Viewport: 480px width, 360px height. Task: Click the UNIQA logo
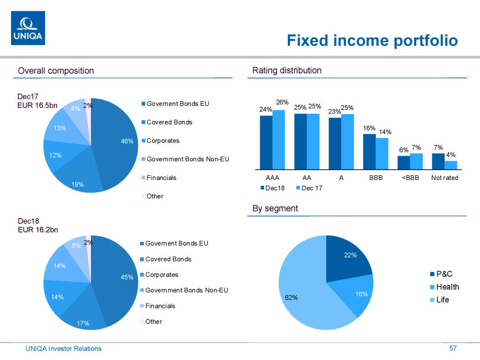pyautogui.click(x=28, y=28)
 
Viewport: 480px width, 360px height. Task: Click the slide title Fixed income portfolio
pyautogui.click(x=372, y=40)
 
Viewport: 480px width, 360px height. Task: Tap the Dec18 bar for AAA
pyautogui.click(x=266, y=142)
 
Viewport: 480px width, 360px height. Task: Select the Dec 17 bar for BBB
pyautogui.click(x=382, y=153)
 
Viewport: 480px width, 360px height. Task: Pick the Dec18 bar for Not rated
pyautogui.click(x=438, y=161)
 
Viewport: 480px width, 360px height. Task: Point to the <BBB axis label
pyautogui.click(x=410, y=178)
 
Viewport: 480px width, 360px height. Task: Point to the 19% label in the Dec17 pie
pyautogui.click(x=78, y=184)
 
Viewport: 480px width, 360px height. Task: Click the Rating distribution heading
pyautogui.click(x=287, y=71)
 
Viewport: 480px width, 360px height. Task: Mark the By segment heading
pyautogui.click(x=275, y=209)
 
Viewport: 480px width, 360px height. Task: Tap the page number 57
pyautogui.click(x=453, y=348)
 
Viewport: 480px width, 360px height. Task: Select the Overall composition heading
pyautogui.click(x=56, y=71)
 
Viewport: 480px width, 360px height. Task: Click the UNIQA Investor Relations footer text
pyautogui.click(x=63, y=349)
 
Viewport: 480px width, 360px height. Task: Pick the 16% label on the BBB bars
pyautogui.click(x=369, y=128)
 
